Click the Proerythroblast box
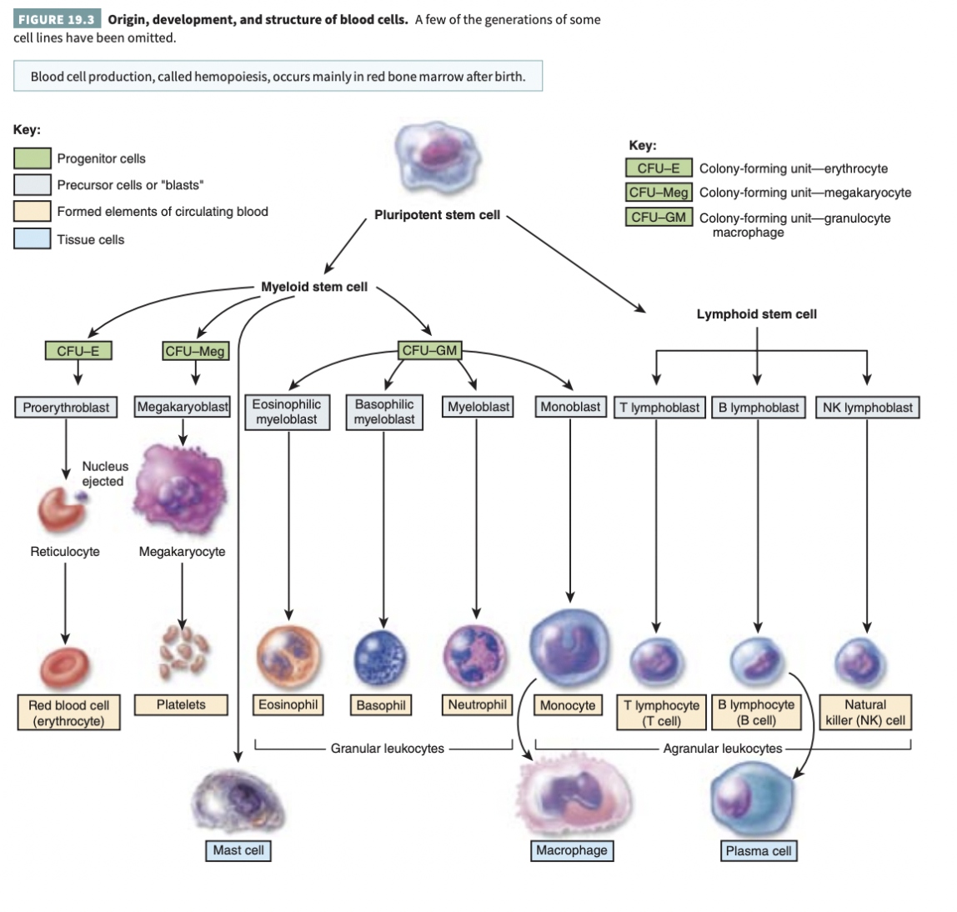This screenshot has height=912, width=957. pos(66,408)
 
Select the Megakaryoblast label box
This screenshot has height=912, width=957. pos(183,407)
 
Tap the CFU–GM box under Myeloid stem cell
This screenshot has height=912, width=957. pos(429,351)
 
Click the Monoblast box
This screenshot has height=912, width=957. pos(570,407)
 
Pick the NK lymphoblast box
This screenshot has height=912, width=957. pos(867,408)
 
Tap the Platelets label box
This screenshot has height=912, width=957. pos(181,705)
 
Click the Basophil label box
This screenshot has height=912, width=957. pos(381,705)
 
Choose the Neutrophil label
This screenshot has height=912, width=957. pos(477,705)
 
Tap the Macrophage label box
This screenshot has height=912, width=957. pos(572,850)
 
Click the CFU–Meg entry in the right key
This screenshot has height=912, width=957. pos(659,193)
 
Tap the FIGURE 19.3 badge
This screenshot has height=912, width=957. pos(55,19)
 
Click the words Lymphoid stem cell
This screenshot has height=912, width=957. pos(756,314)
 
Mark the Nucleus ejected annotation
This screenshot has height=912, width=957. pos(105,474)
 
